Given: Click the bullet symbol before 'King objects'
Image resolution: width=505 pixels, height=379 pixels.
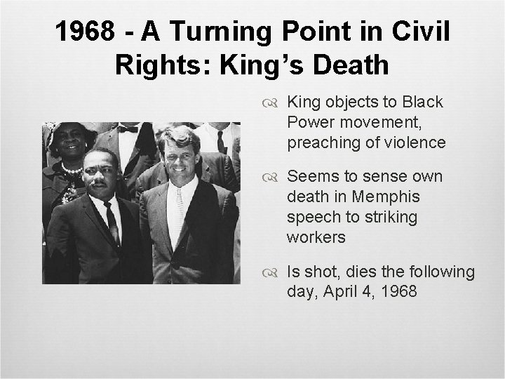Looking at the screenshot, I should [x=274, y=103].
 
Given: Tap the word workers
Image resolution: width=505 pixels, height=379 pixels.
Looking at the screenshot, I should [x=316, y=237].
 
